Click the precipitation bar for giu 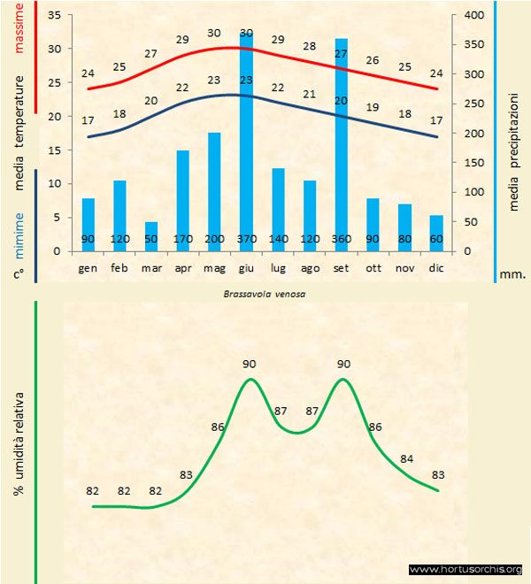(x=246, y=142)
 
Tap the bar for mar (x=151, y=236)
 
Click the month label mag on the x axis (x=214, y=267)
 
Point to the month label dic (x=436, y=267)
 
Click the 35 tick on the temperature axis (x=53, y=15)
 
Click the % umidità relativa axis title (x=19, y=442)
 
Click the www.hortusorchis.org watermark (x=466, y=569)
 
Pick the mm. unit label (x=513, y=274)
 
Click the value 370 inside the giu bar (x=246, y=240)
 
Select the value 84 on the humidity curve (x=406, y=458)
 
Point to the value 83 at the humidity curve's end (x=437, y=475)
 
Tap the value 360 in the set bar (x=342, y=240)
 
